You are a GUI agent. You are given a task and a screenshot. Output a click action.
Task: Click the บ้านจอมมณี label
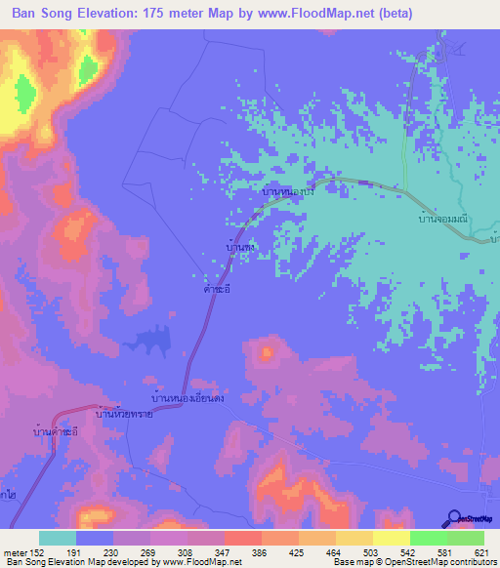pyautogui.click(x=442, y=222)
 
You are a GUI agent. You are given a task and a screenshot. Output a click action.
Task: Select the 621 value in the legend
pyautogui.click(x=479, y=551)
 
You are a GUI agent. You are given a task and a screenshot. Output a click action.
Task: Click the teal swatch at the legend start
pyautogui.click(x=58, y=538)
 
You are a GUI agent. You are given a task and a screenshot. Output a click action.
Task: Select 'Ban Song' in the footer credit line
pyautogui.click(x=23, y=562)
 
